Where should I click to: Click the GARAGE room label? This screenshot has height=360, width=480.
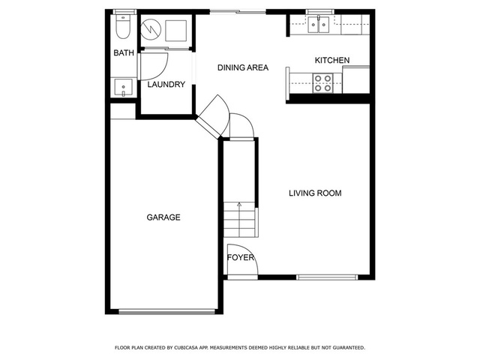(163, 217)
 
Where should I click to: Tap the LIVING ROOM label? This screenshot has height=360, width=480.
(315, 193)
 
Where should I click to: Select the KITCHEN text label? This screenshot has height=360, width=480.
(332, 60)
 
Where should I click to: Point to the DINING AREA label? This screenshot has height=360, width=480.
(243, 67)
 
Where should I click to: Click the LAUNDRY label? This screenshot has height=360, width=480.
(166, 84)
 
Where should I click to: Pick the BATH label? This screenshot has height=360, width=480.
(124, 53)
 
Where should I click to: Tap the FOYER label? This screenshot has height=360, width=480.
(241, 258)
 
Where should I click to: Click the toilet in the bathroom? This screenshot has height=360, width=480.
(123, 27)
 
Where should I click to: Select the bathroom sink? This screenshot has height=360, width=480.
(123, 88)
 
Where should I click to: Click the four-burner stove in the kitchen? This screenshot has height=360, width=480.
(322, 83)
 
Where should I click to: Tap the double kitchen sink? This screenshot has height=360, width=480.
(318, 25)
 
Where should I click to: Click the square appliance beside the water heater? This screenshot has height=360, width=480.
(176, 31)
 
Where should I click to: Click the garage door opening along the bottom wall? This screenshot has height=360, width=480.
(167, 312)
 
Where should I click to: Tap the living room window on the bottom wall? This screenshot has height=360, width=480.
(327, 277)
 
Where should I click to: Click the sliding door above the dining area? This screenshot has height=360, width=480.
(238, 12)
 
